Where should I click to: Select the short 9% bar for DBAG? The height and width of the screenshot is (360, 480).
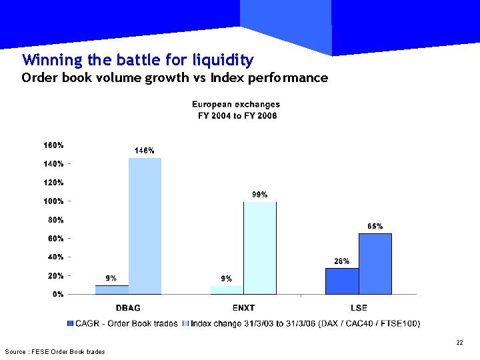click(x=112, y=289)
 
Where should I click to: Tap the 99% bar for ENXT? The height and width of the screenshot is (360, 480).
click(x=260, y=247)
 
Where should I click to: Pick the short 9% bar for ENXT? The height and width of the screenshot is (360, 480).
click(x=227, y=289)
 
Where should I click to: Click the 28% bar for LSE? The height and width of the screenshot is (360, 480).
click(x=342, y=281)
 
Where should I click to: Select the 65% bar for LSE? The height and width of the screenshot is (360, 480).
click(x=375, y=263)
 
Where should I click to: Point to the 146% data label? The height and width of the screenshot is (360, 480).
click(x=145, y=151)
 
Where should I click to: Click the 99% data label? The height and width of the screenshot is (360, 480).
click(x=260, y=195)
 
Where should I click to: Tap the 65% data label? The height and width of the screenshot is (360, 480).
click(x=375, y=227)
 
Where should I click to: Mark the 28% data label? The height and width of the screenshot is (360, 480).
click(x=342, y=261)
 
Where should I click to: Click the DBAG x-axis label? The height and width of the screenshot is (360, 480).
click(x=128, y=308)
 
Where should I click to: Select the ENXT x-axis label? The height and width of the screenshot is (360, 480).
click(x=243, y=308)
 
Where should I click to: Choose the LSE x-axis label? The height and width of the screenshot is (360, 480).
click(x=359, y=308)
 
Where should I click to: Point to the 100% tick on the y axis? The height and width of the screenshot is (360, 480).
click(x=54, y=201)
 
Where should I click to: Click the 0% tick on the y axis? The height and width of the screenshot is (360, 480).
click(x=58, y=294)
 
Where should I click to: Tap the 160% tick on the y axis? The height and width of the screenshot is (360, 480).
click(x=54, y=145)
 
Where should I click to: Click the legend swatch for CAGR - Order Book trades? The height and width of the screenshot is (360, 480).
click(x=71, y=323)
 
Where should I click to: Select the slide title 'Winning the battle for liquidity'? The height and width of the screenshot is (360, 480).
click(x=137, y=60)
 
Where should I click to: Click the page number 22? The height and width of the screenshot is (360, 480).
click(x=459, y=343)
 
